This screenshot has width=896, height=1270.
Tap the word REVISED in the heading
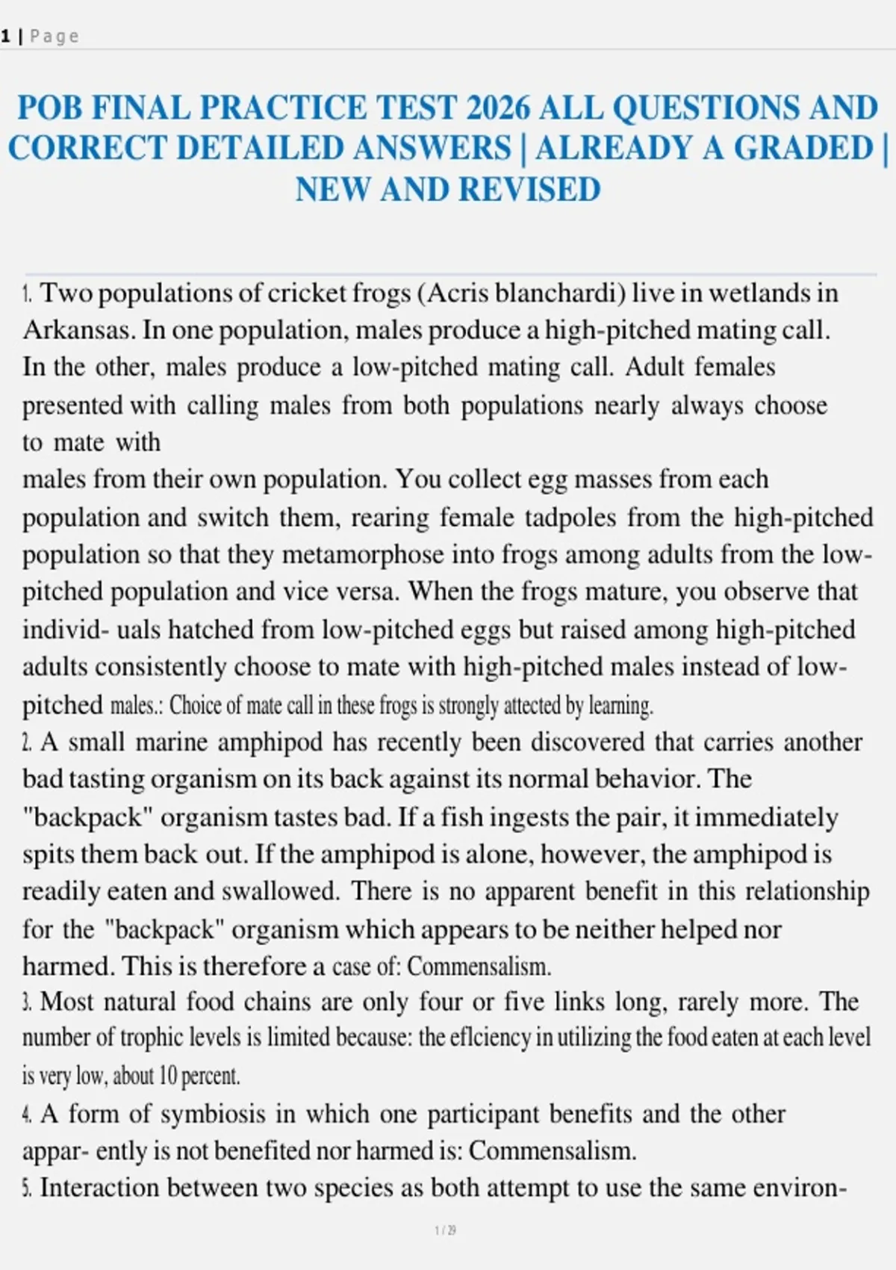529,190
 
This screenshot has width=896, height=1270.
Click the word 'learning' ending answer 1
620,704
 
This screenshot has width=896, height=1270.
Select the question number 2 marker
27,742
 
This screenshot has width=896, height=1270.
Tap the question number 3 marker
27,1002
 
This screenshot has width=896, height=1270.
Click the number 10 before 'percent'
168,1076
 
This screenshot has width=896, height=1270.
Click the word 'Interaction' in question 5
99,1188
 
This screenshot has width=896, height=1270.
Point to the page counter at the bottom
446,1230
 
